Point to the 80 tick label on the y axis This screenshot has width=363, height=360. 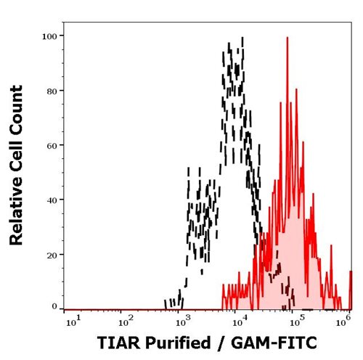coord(53,90)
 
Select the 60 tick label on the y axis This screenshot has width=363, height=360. coord(53,145)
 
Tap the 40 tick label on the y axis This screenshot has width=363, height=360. coord(53,200)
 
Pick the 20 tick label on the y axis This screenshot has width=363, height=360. coord(53,254)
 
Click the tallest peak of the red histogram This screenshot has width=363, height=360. coord(287,38)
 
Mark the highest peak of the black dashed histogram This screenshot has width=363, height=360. coord(230,45)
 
